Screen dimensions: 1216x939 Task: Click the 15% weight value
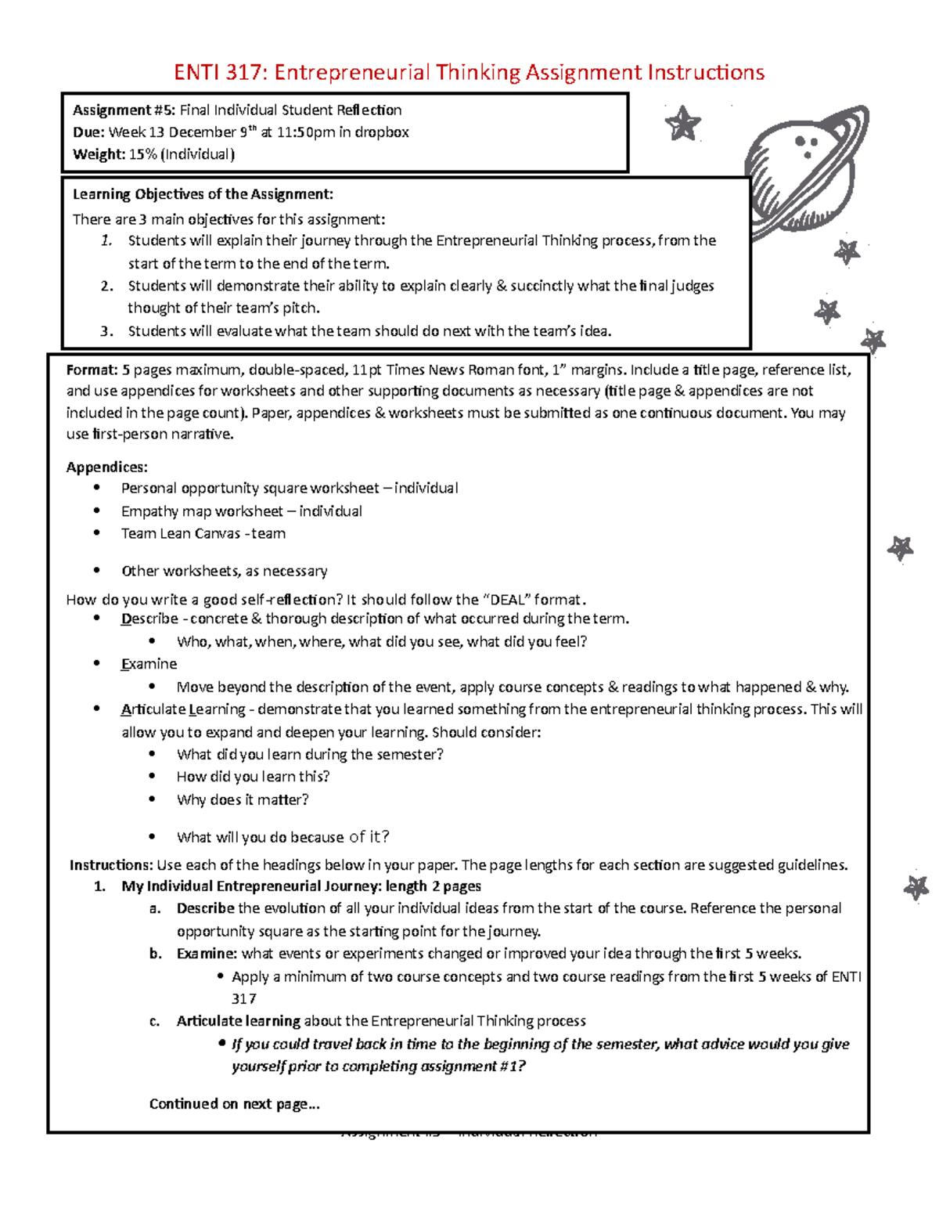tap(142, 154)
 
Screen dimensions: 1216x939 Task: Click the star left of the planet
tap(682, 124)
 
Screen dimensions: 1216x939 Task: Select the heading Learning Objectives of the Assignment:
tap(203, 194)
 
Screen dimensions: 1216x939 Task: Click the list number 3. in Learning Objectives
tap(107, 331)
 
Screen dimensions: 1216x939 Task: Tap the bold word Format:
tap(92, 370)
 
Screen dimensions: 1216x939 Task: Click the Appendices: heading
tap(106, 467)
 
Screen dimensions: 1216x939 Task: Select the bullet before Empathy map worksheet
tap(97, 511)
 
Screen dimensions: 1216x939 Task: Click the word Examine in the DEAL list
tap(149, 664)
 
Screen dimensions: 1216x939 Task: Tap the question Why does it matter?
tap(243, 799)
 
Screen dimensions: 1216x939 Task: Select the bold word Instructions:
tap(111, 865)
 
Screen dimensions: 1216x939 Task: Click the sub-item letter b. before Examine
tap(156, 954)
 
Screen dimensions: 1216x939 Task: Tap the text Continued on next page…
tap(234, 1104)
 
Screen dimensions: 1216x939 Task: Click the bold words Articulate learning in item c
tap(238, 1021)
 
